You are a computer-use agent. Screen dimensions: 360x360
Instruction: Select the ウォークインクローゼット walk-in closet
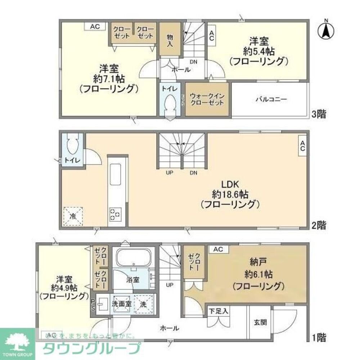207,99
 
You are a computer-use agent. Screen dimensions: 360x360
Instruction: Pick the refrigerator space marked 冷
73,216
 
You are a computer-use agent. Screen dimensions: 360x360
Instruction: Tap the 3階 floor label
319,115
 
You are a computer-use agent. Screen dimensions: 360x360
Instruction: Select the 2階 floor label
319,225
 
